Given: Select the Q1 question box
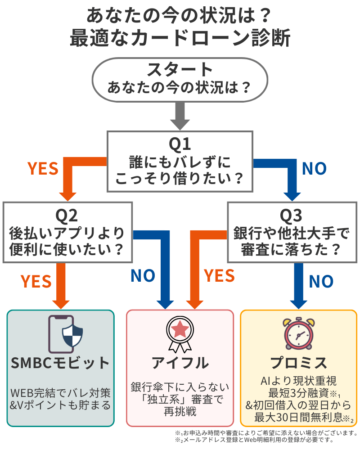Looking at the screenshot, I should coord(180,161).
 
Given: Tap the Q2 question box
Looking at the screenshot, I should coord(67,232).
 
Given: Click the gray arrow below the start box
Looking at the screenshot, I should coord(180,116).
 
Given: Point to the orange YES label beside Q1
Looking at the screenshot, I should coord(43,168).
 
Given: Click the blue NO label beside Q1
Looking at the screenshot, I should coord(314,168).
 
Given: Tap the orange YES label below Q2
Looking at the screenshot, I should coord(36,282).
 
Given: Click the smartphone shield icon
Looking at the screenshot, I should coord(66,335).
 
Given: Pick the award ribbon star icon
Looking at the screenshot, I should coord(180,335).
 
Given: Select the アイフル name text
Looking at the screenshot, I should coord(180,363).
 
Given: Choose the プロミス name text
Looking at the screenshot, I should coord(298,363).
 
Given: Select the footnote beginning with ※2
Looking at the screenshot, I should coord(265,440).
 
